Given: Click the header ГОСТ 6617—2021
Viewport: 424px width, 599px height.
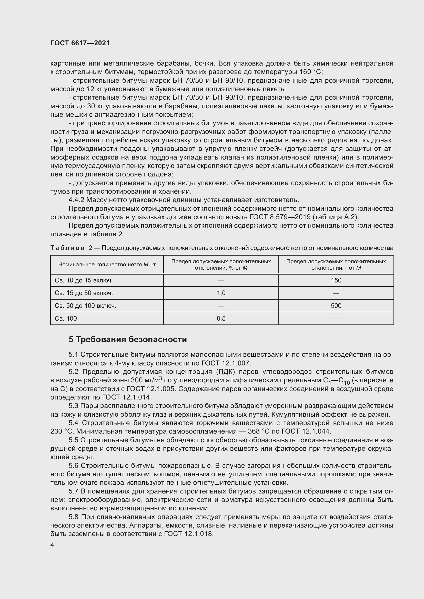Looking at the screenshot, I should click(80, 43).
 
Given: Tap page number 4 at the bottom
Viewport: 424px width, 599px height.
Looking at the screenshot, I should click(52, 545).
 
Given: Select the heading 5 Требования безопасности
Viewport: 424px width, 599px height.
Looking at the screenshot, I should click(128, 339).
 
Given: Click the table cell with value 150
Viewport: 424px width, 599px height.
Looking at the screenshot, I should click(336, 280).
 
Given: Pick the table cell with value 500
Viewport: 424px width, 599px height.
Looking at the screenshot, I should click(336, 306).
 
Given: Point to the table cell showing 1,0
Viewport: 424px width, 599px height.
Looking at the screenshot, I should click(221, 293).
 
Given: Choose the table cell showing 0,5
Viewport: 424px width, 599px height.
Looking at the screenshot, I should click(221, 319).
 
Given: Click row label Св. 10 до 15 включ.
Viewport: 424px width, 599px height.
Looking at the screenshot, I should click(84, 280).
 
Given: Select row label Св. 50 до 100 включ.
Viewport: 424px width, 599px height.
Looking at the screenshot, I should click(85, 306).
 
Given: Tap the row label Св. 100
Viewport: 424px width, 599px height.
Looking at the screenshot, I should click(66, 319).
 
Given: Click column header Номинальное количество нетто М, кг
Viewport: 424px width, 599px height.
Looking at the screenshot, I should click(107, 265).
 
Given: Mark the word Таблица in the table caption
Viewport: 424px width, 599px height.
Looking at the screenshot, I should click(67, 248).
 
